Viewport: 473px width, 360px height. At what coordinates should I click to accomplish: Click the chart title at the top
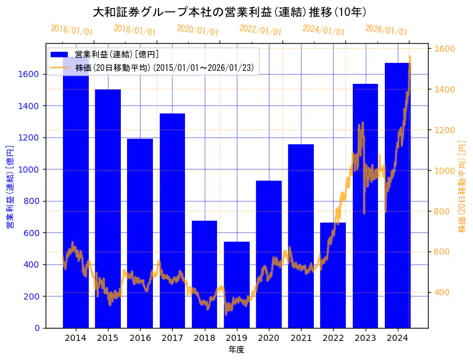coord(229,12)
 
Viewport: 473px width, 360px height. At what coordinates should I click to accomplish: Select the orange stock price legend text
coord(164,68)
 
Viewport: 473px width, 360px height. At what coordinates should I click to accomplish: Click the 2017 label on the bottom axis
coord(172,338)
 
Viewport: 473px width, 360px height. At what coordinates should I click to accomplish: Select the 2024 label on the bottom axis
coord(398,338)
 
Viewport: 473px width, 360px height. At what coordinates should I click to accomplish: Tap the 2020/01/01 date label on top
coord(197,30)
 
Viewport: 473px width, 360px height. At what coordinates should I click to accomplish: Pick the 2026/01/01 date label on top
coord(386,30)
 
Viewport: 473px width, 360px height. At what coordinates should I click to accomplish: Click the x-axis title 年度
coord(236,350)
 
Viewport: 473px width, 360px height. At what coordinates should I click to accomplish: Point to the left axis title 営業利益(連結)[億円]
coord(9,187)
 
